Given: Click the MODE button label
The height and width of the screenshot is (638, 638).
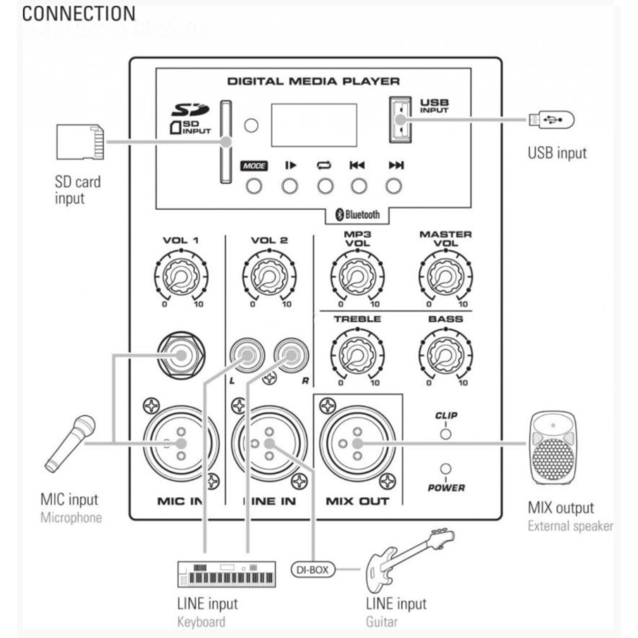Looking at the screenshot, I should point(254,165).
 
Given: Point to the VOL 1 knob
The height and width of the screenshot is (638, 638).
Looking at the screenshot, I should point(181,276).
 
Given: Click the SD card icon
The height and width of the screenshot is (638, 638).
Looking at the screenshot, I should point(80,142).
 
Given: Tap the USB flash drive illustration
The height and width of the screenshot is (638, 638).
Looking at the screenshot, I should point(551,120).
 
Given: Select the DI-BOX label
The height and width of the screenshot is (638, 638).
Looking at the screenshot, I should point(312,569).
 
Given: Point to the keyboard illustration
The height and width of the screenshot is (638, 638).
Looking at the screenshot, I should point(226,574).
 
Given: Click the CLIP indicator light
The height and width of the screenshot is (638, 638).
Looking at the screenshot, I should point(445,434).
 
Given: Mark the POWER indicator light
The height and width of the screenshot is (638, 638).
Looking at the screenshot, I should point(445,469).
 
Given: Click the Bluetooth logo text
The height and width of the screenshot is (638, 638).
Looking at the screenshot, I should point(358,215).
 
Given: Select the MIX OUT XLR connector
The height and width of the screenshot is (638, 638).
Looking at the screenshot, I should point(357,443).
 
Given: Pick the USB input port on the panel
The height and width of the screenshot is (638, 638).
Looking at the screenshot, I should point(400,119).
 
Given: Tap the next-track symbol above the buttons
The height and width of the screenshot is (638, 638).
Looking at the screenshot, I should point(396,165).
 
